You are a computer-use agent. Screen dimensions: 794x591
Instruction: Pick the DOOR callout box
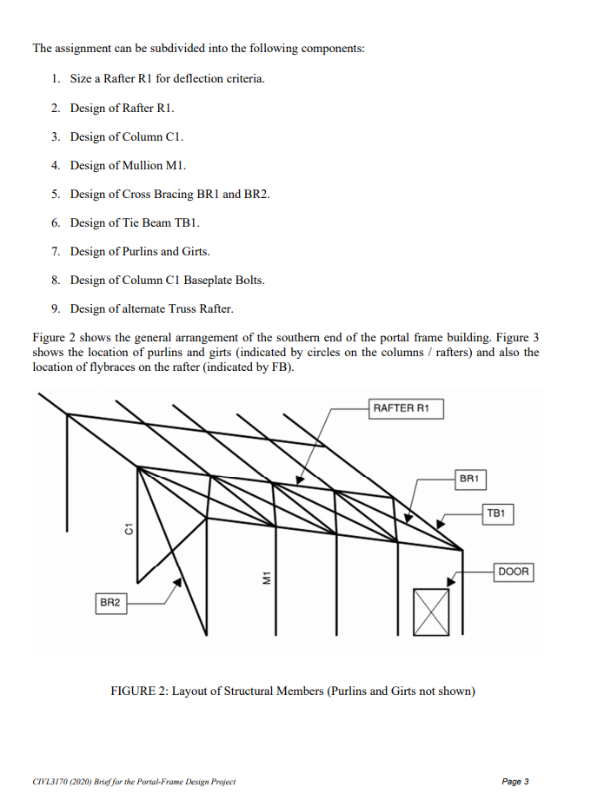[x=514, y=572]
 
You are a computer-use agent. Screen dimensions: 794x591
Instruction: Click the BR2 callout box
[x=110, y=601]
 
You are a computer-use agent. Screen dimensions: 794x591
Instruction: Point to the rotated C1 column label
[x=128, y=529]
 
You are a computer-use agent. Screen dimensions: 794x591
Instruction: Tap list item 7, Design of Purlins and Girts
[x=140, y=251]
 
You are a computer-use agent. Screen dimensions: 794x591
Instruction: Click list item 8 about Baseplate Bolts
[x=167, y=280]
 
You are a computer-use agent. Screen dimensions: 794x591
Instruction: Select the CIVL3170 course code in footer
[x=50, y=782]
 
